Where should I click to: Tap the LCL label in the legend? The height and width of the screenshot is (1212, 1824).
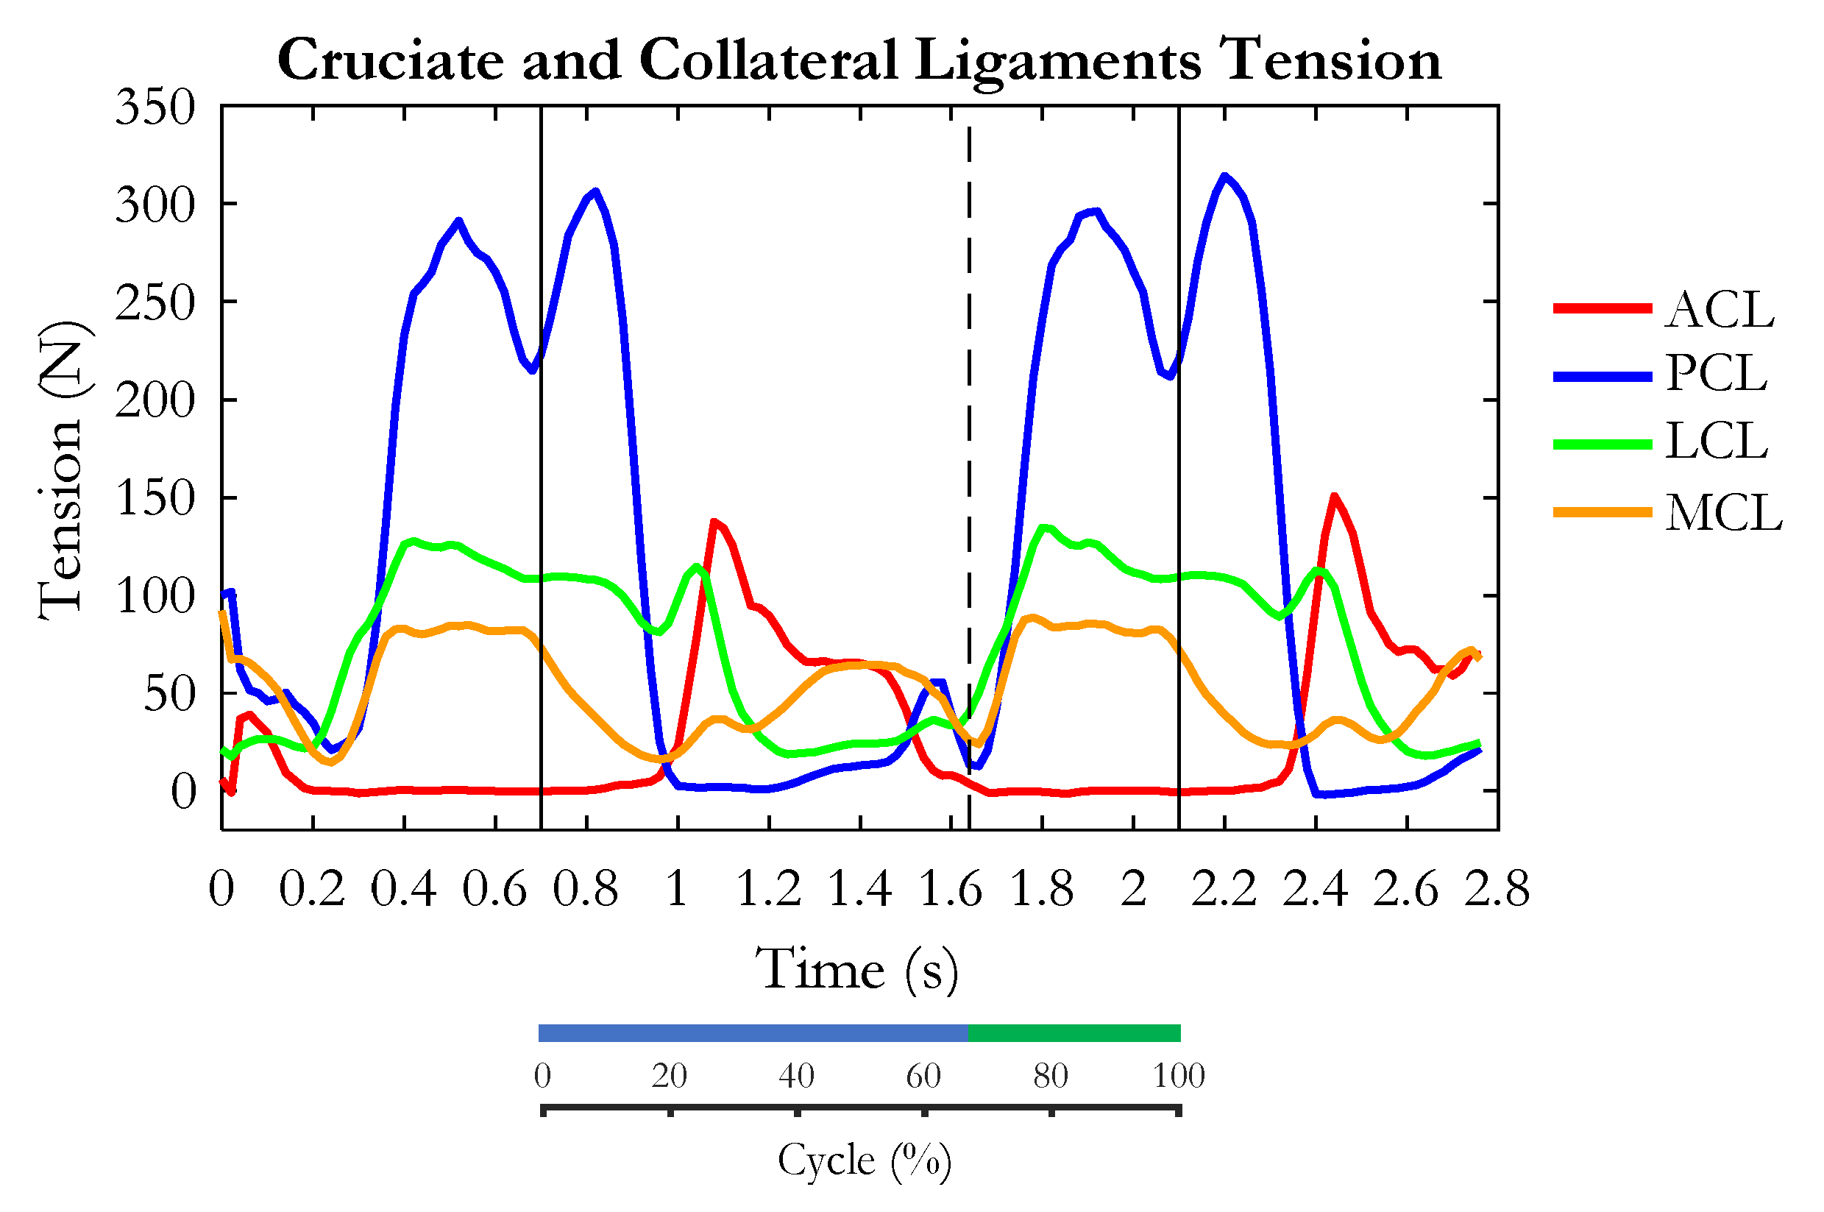1716,442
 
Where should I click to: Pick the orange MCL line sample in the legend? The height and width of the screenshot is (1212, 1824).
1603,512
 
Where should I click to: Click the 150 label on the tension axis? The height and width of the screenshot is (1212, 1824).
155,498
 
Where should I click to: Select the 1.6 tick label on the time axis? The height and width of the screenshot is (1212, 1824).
951,889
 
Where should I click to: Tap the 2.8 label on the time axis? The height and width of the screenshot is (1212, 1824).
1497,889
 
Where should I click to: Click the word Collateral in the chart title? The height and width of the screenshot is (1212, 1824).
768,60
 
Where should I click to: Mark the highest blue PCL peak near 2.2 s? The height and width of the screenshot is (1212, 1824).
1224,176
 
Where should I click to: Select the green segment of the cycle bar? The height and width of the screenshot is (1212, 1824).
1074,1033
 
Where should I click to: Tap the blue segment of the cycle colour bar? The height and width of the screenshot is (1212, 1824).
753,1033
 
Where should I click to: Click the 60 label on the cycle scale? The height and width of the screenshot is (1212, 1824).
923,1076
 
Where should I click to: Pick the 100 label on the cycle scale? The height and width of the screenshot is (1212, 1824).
1179,1076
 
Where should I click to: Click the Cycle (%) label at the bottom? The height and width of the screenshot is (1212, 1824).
864,1160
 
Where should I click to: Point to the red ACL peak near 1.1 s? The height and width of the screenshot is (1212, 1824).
714,522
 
